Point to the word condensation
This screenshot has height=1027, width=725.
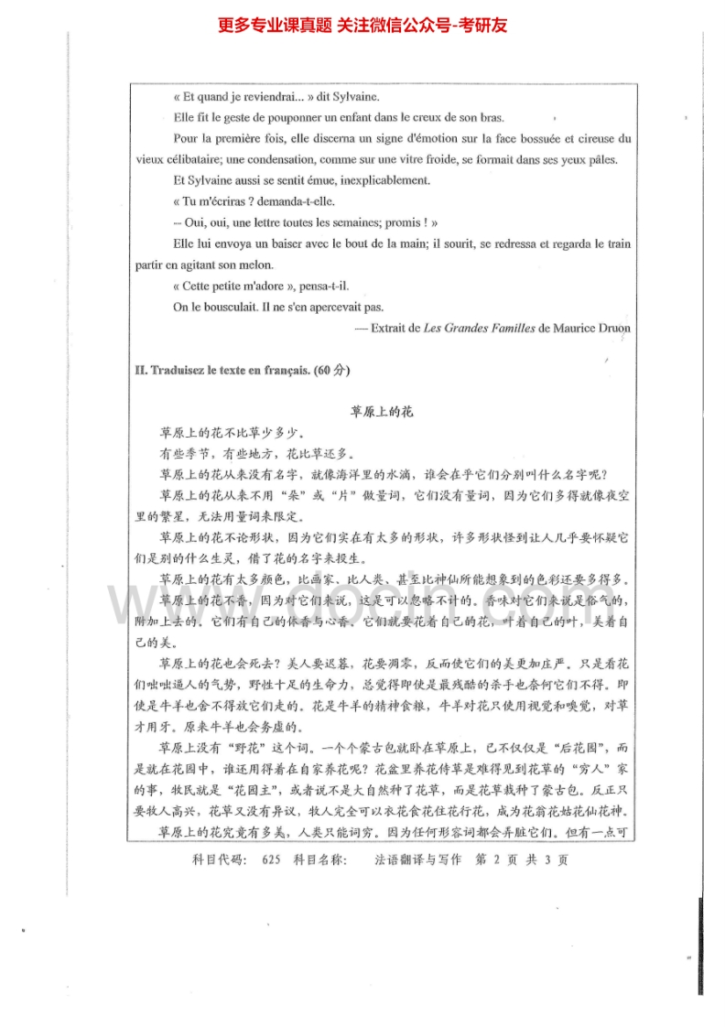click(298, 159)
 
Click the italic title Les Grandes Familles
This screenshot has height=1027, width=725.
click(480, 328)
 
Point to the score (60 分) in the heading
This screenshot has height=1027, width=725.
click(331, 371)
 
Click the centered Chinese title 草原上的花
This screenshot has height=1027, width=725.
click(383, 412)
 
